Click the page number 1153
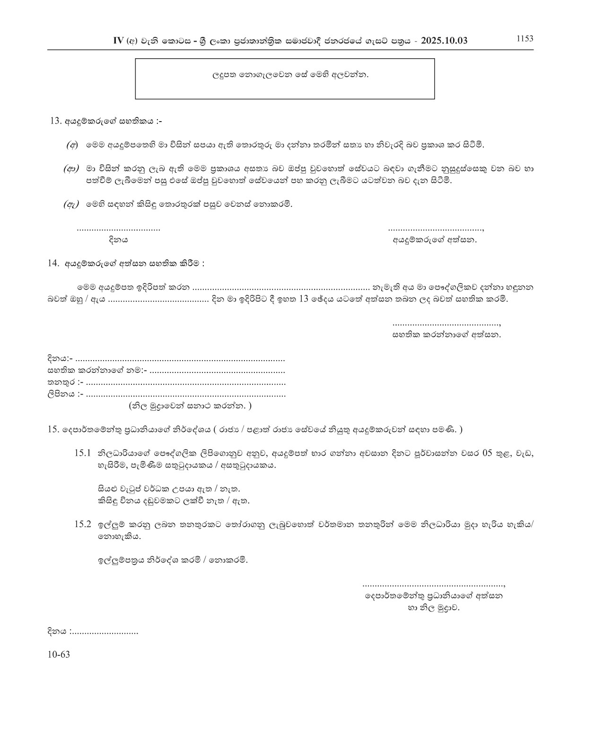coord(524,39)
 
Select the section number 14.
coord(53,263)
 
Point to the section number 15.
coord(52,430)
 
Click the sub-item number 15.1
coord(82,453)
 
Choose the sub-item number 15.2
coord(82,525)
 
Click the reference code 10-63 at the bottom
coord(59,655)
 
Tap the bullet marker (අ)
coord(72,144)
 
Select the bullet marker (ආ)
coord(71,169)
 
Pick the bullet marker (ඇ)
coord(71,205)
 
